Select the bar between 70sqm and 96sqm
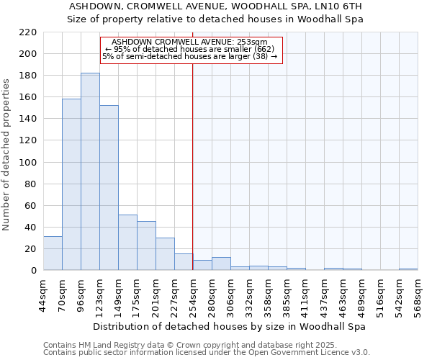pos(71,184)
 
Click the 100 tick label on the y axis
pos(29,163)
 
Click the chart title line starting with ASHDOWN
pos(216,6)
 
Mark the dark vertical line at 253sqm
pos(193,166)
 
